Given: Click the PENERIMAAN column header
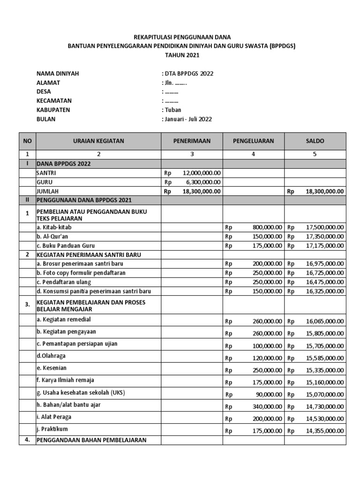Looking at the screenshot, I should coord(192,141).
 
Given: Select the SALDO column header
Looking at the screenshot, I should coord(315,141).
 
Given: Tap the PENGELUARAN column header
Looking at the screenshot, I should coord(253,141).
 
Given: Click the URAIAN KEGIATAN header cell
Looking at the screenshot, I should coord(98,141).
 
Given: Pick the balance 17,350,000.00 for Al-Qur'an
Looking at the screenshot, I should coord(325,236).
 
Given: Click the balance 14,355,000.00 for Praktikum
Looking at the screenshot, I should coord(325,431).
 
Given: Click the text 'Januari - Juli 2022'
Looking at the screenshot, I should coord(188,119).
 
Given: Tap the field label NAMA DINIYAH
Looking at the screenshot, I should coord(58,74).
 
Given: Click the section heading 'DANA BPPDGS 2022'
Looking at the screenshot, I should coord(63,164).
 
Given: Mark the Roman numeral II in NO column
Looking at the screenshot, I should coord(27,200).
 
